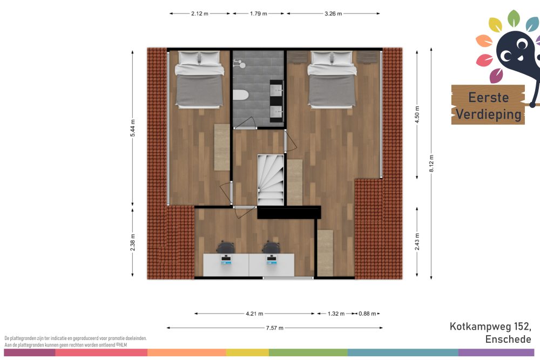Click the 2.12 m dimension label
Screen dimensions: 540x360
pos(200,14)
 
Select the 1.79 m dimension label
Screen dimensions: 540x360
pos(259,14)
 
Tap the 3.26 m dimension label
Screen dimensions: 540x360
pos(333,14)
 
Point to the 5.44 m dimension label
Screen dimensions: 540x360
pos(133,128)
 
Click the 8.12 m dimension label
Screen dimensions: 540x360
pos(431,164)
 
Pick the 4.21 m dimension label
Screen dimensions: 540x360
pos(254,314)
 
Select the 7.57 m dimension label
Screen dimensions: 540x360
pos(275,328)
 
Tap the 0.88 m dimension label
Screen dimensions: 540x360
pos(367,314)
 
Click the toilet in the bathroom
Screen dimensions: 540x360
pos(240,94)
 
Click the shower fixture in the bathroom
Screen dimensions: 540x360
pos(239,63)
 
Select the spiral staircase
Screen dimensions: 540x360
pos(271,180)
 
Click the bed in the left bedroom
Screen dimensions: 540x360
pos(199,80)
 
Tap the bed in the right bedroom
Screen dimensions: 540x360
pos(332,80)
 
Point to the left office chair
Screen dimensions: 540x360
pos(226,247)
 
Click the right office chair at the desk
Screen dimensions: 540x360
pos(272,247)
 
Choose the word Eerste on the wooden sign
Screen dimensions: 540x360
pos(488,97)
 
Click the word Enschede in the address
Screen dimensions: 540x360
pos(508,339)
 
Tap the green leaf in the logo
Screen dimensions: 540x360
pos(514,18)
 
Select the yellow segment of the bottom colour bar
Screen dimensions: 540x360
pos(247,352)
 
